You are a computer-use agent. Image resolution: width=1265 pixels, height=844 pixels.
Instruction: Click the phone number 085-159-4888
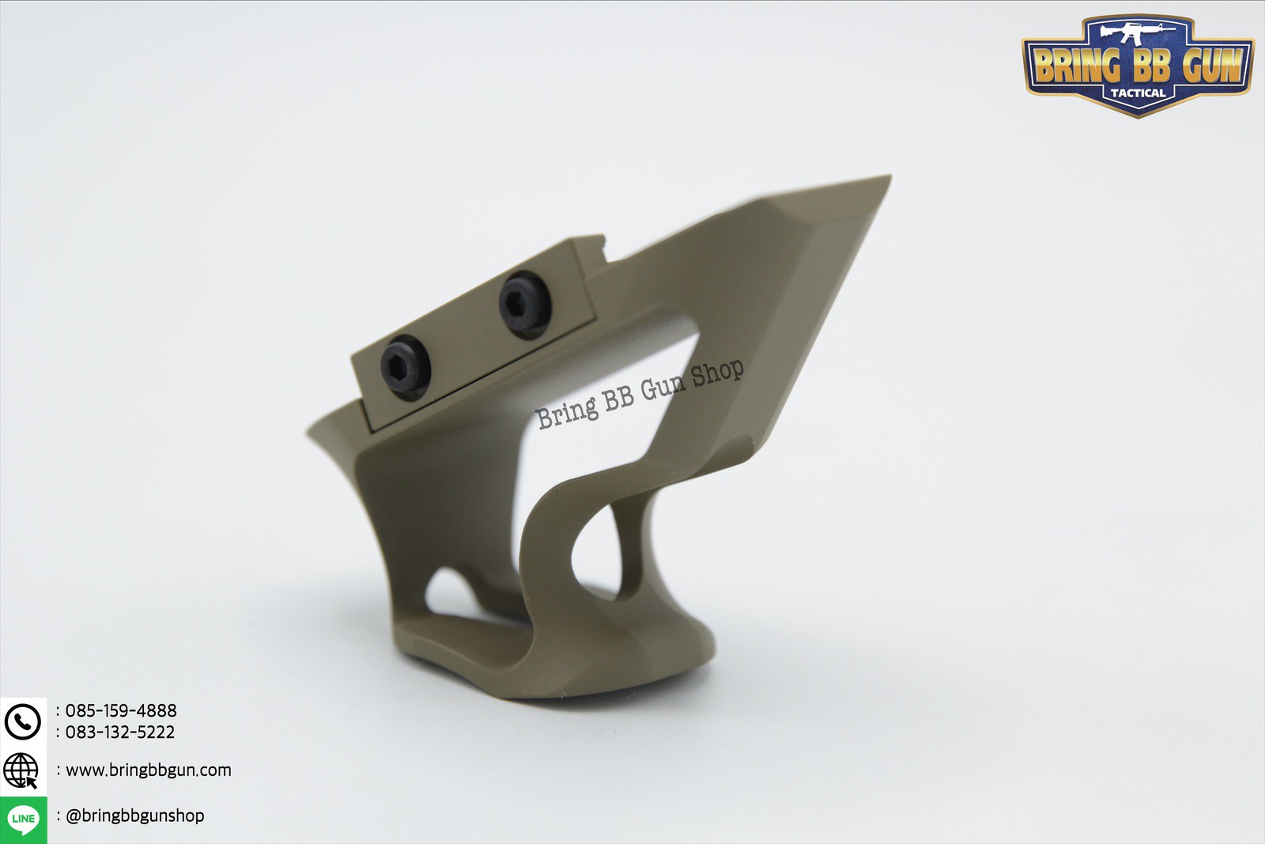pos(121,710)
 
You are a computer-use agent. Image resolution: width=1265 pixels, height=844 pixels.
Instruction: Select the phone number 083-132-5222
pos(120,732)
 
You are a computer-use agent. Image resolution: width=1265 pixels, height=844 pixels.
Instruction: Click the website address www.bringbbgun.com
pos(149,770)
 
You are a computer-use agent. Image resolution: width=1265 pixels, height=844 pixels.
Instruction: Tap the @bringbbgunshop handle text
pos(135,815)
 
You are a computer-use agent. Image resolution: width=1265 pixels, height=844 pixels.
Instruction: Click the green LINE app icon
pos(24,819)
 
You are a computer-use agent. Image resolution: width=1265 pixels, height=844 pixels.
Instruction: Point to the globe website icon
pos(21,770)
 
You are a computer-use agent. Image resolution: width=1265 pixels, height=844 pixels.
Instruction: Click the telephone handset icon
pos(23,721)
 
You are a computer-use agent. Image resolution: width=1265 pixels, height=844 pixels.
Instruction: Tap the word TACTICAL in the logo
pos(1138,93)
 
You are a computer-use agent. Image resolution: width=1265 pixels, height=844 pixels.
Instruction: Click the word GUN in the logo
pos(1212,65)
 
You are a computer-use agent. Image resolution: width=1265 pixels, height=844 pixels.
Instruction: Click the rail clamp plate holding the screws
pos(474,336)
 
